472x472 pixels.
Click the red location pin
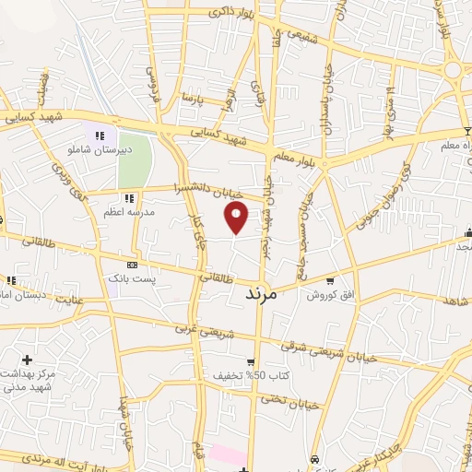[238, 218]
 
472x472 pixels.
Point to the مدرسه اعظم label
[129, 211]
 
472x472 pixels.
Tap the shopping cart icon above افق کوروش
[329, 281]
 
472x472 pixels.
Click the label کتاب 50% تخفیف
[239, 376]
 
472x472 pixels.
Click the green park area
[135, 159]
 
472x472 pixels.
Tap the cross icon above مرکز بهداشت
[26, 360]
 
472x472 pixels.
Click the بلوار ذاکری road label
[209, 13]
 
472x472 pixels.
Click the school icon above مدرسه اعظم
[129, 197]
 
